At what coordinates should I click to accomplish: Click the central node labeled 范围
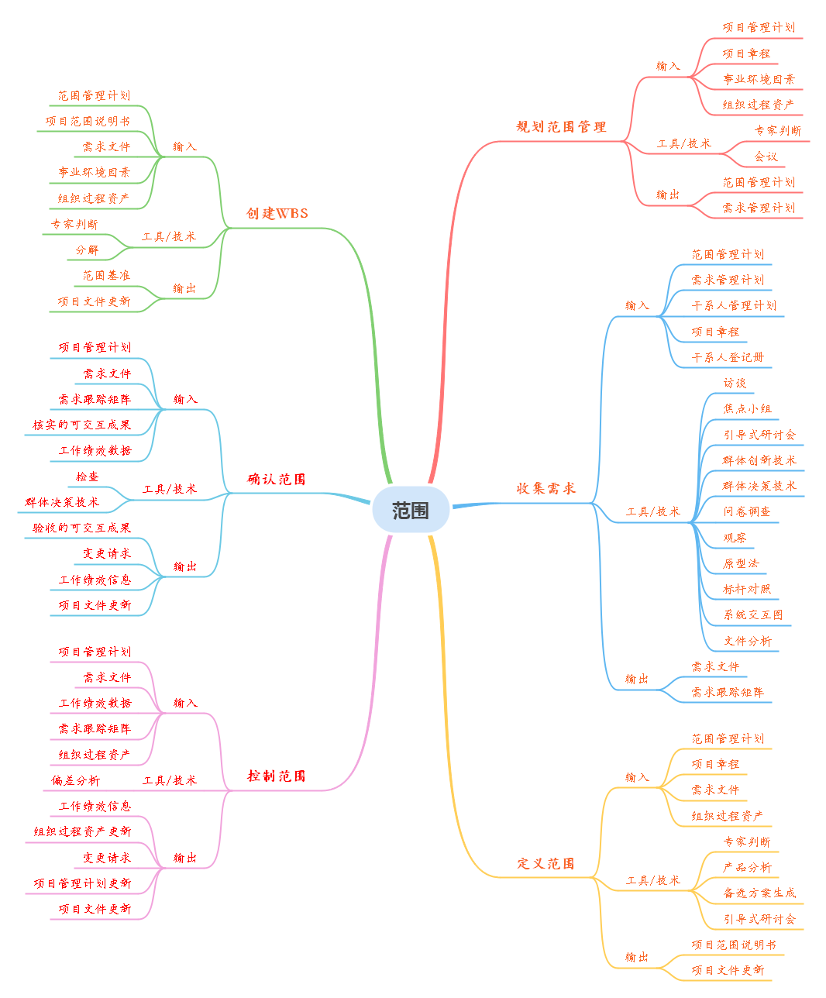411,510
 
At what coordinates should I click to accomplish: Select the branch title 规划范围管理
561,126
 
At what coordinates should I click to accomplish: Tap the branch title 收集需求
546,488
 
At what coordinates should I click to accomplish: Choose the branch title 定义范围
546,863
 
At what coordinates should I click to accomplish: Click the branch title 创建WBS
277,213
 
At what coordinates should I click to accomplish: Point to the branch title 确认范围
277,479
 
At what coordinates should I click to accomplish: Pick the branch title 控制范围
277,776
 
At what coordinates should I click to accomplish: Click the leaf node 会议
766,157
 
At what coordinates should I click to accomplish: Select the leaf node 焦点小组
747,408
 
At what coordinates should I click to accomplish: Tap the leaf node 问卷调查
747,511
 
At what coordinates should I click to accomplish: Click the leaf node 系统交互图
753,614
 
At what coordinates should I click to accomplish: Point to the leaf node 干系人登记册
728,357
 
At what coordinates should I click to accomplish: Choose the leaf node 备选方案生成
759,893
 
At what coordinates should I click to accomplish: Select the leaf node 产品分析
747,867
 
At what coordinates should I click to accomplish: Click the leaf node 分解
88,250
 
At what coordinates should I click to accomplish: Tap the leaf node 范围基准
107,275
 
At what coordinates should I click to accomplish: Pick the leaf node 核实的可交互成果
82,425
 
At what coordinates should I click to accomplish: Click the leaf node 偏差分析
76,780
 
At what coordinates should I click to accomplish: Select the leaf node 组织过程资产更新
82,831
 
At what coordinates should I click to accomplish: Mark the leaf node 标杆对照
747,589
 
